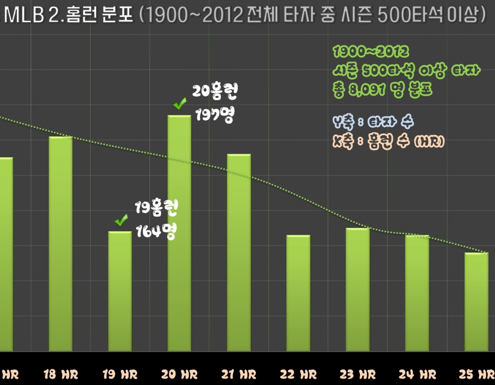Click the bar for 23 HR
[358, 290]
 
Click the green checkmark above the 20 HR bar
[180, 104]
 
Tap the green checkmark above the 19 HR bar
[121, 220]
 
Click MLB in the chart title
[22, 16]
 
